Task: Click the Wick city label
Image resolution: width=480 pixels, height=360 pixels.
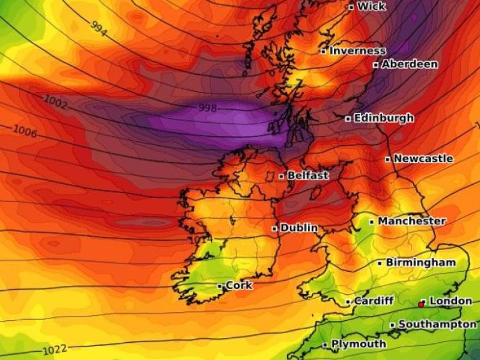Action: coord(371,6)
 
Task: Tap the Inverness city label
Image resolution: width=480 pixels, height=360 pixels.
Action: coord(358,51)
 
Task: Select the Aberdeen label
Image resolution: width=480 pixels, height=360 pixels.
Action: coord(410,64)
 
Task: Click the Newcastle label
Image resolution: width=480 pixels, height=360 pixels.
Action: coord(423,159)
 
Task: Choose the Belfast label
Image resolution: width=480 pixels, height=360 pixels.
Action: coord(308,175)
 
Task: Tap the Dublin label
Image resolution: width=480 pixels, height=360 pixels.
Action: coord(299,228)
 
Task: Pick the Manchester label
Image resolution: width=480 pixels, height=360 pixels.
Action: coord(412,221)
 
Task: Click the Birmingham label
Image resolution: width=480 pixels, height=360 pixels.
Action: coord(420,263)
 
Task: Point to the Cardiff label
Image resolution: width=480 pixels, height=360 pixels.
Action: coord(374,301)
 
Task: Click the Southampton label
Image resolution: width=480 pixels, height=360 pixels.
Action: coord(437,325)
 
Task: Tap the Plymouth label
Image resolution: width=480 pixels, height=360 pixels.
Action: coord(358,344)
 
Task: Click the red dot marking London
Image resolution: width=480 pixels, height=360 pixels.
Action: coord(421,304)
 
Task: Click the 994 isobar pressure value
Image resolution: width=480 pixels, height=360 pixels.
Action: coord(99,28)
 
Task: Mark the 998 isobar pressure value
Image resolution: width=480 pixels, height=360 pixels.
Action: coord(208,108)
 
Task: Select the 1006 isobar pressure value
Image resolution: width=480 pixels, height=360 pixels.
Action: coord(25,132)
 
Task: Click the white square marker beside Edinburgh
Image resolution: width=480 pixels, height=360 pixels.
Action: coord(348,118)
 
